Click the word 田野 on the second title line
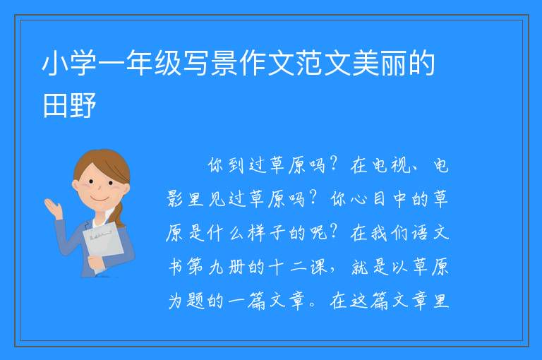coord(68,105)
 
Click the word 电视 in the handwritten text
coord(390,165)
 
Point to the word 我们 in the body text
coord(390,233)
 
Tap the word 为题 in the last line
coord(187,301)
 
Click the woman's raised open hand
coord(54,208)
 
